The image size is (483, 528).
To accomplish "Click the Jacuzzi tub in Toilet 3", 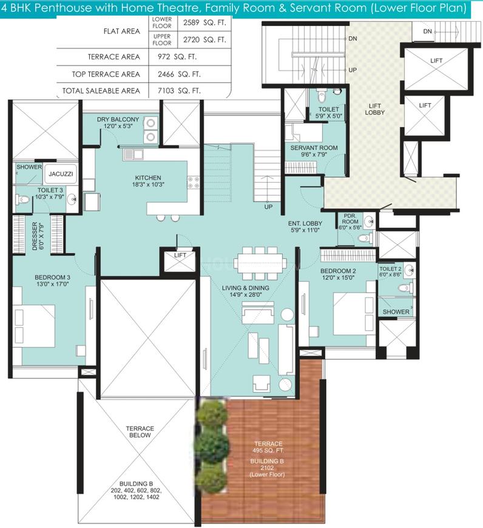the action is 61,174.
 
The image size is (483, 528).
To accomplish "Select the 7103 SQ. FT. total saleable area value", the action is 179,91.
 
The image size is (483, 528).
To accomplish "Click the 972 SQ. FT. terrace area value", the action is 177,57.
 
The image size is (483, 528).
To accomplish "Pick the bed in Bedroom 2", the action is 354,314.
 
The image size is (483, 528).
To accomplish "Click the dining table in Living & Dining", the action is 260,263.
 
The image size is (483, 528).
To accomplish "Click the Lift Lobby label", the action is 374,109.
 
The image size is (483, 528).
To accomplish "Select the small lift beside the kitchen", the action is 180,260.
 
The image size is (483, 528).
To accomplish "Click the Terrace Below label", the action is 140,432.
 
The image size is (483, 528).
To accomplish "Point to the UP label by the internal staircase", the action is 268,207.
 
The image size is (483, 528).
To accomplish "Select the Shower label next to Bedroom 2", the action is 396,312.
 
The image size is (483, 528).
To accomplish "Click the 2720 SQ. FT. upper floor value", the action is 204,39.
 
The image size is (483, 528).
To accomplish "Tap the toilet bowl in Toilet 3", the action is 22,200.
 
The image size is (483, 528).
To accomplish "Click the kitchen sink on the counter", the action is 133,155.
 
